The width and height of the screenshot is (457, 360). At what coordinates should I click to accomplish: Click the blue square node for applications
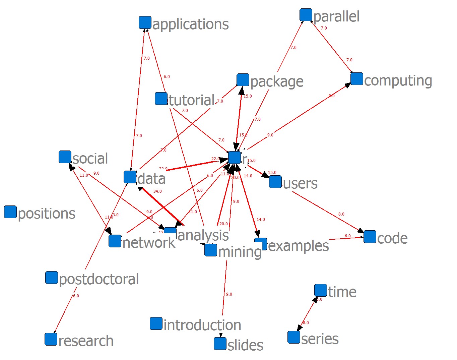[x=145, y=22]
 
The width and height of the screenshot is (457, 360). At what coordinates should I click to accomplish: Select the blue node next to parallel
[x=306, y=15]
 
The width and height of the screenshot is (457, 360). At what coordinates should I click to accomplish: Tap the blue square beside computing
[x=357, y=79]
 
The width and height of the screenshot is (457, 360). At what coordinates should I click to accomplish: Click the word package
[x=277, y=82]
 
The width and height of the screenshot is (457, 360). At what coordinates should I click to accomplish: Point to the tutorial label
[x=191, y=100]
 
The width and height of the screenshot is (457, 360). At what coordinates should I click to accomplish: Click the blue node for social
[x=65, y=157]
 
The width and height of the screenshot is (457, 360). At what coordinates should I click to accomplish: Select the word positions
[x=47, y=214]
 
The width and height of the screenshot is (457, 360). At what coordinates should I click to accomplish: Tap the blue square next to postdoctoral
[x=52, y=278]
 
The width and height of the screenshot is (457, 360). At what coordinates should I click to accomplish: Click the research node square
[x=51, y=339]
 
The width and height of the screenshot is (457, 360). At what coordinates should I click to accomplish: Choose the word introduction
[x=202, y=325]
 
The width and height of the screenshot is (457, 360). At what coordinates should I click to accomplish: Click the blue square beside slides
[x=220, y=344]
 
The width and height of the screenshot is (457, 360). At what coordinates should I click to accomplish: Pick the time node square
[x=321, y=290]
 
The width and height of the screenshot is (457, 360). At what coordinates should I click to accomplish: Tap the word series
[x=320, y=339]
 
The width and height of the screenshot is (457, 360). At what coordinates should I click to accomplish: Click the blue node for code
[x=370, y=237]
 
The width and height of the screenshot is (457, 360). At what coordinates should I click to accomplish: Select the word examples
[x=298, y=246]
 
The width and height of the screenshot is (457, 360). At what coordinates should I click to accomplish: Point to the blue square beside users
[x=275, y=182]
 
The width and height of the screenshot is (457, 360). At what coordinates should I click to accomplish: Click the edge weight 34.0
[x=157, y=191]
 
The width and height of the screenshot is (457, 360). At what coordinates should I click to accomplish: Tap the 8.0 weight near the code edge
[x=341, y=214]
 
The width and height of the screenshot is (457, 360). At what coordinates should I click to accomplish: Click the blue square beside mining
[x=211, y=250]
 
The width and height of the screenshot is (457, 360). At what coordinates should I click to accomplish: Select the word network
[x=149, y=242]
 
